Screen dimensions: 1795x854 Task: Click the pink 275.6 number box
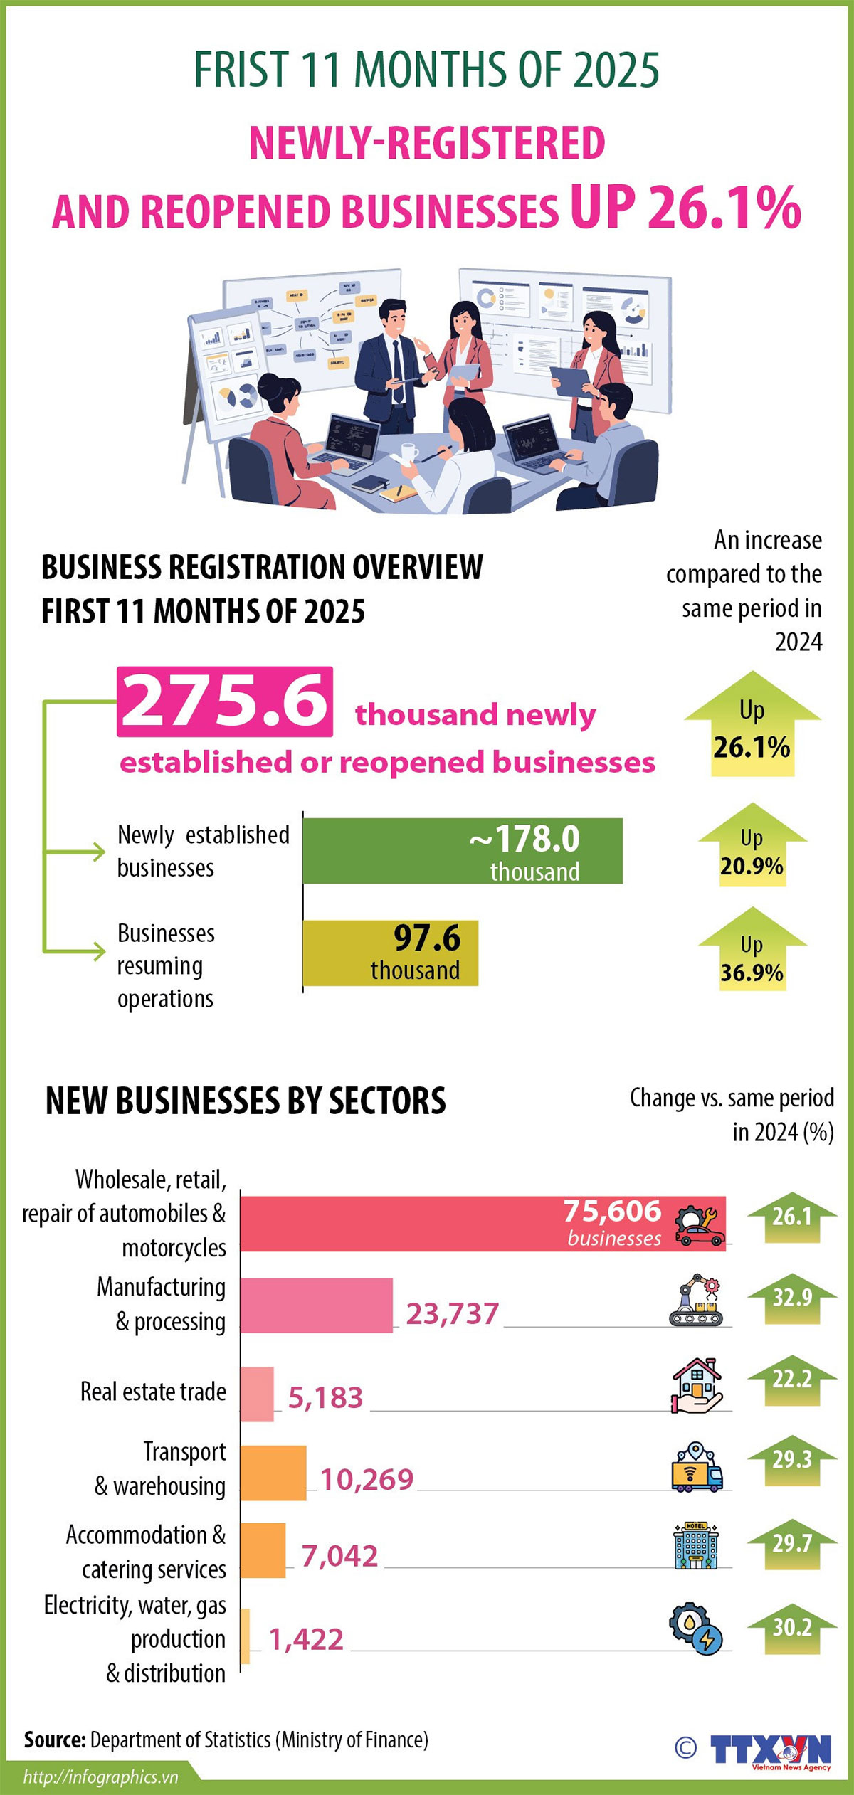(x=225, y=701)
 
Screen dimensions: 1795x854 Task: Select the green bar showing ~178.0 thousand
(x=463, y=851)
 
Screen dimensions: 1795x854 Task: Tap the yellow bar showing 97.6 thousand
(x=390, y=953)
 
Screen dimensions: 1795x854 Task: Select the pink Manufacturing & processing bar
(x=316, y=1305)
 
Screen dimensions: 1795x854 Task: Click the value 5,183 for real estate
(x=325, y=1398)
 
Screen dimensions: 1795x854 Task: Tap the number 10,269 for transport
(x=367, y=1480)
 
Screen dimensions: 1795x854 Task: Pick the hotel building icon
(x=695, y=1545)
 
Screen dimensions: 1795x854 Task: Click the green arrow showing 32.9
(x=791, y=1298)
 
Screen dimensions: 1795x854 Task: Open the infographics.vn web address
(x=100, y=1777)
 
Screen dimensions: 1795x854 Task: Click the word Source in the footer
(x=55, y=1740)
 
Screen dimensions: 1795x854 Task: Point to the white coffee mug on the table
(x=409, y=452)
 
